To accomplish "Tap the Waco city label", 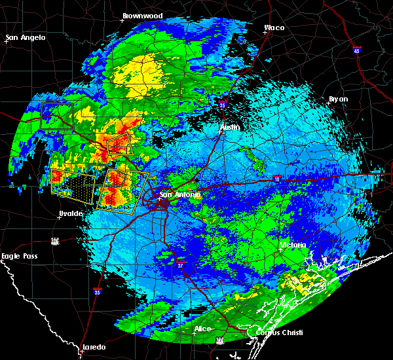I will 274,27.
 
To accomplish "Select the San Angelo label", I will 26,37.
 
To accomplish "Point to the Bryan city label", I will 338,99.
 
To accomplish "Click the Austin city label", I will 230,127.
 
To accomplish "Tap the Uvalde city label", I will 70,213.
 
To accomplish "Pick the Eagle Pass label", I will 18,256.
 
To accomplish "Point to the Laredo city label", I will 93,347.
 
